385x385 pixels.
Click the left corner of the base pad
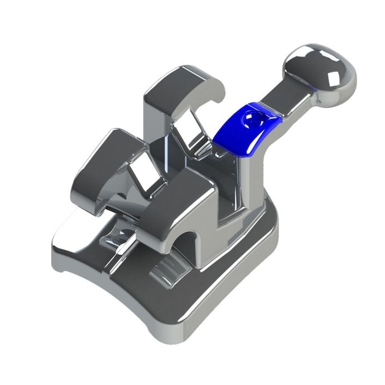point(61,248)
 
